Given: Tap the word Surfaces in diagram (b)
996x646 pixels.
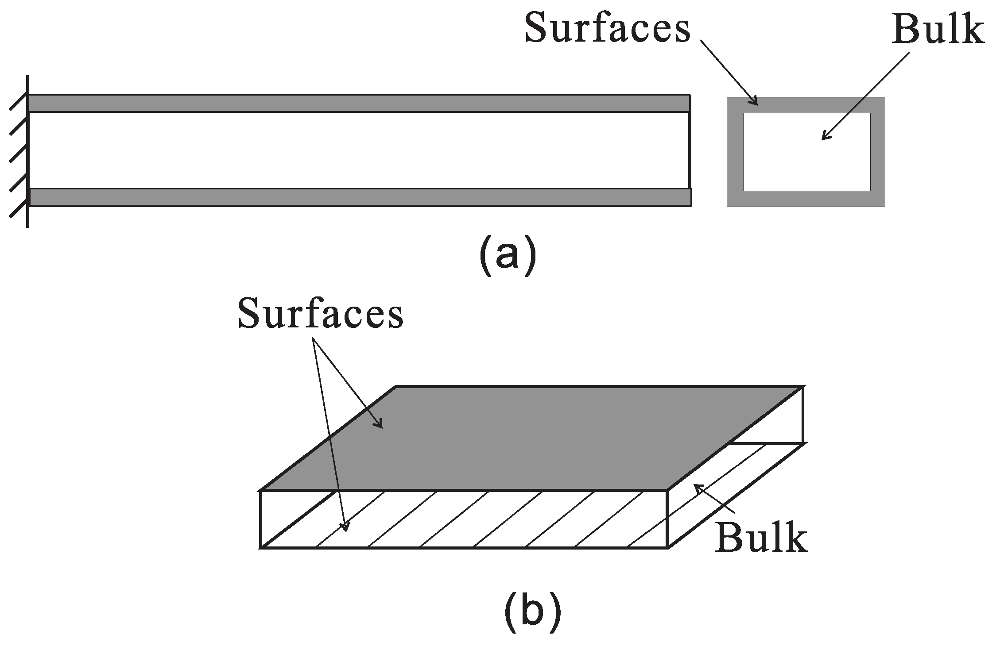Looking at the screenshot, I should coord(321,313).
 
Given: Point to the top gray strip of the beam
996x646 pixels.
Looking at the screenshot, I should coord(359,103).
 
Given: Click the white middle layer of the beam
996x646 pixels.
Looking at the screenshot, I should coord(359,150).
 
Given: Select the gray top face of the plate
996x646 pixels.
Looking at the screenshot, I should coord(531,438).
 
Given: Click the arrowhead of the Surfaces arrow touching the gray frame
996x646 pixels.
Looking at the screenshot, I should coord(753,102).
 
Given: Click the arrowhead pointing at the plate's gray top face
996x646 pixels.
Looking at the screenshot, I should coord(379,425).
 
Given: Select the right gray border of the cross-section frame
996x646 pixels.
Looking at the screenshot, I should coord(877,152).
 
